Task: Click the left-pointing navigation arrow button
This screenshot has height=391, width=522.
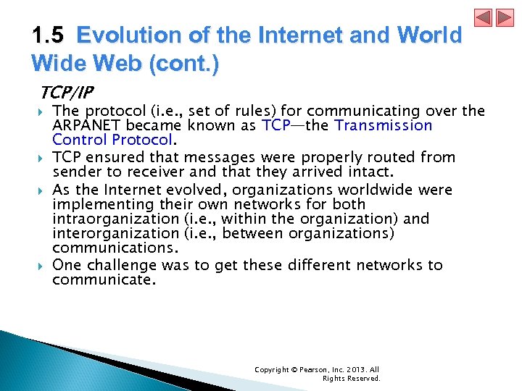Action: (x=484, y=17)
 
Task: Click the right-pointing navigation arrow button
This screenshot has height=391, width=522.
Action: (x=504, y=17)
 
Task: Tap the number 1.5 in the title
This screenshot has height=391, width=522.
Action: (x=50, y=35)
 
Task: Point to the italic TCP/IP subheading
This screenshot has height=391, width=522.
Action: (x=67, y=92)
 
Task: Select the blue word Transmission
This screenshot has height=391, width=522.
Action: (x=383, y=125)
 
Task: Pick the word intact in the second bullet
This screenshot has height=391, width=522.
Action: (x=368, y=172)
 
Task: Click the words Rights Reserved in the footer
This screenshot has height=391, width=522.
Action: (x=351, y=378)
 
